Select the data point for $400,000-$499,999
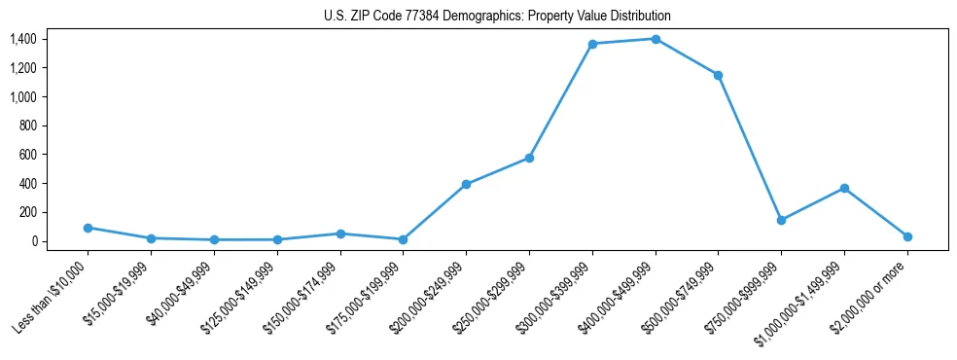coord(656,39)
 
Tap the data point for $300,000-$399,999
coord(592,44)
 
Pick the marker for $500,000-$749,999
coord(718,75)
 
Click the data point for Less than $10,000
coord(89,228)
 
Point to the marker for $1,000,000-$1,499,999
coord(844,188)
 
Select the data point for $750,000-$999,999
coord(781,220)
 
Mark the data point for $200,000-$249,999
coord(466,184)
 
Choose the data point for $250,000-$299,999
coord(529,158)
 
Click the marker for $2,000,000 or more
coord(907,236)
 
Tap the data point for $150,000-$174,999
coord(340,234)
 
